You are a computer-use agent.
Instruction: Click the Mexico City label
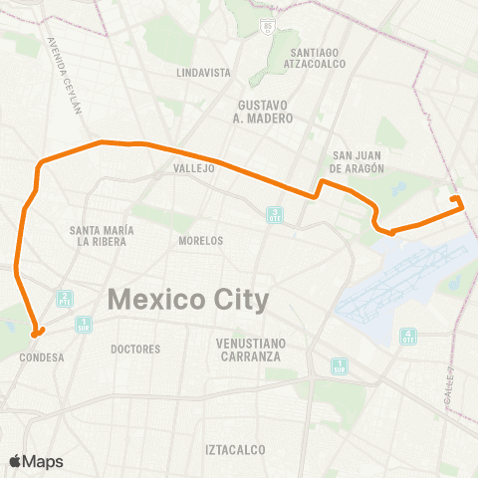(x=188, y=298)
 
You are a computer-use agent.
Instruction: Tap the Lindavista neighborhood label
(x=203, y=73)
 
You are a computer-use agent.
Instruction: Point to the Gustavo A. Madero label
(x=266, y=112)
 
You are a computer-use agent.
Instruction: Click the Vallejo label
(x=193, y=169)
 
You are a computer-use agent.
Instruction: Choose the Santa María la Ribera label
(x=98, y=236)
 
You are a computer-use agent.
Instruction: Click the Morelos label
(x=200, y=241)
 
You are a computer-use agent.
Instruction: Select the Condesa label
(x=42, y=357)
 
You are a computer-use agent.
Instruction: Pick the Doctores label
(x=135, y=350)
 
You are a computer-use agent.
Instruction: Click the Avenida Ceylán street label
(x=63, y=76)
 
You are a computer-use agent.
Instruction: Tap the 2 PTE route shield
(x=65, y=299)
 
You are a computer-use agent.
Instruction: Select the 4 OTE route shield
(x=407, y=336)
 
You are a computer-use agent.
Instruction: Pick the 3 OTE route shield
(x=275, y=214)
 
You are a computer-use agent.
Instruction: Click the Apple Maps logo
(x=36, y=461)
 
